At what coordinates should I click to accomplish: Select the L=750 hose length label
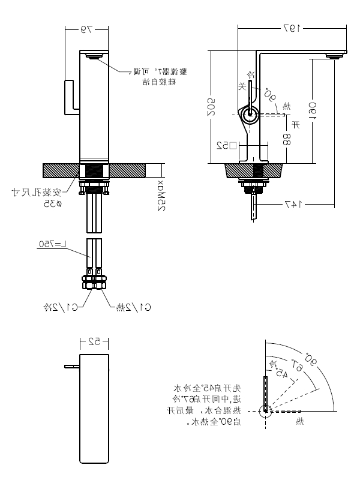coord(52,244)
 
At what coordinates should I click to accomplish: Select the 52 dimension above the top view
coord(94,342)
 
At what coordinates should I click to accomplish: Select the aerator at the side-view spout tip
coord(334,55)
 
